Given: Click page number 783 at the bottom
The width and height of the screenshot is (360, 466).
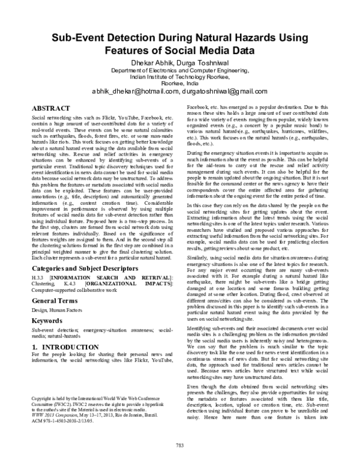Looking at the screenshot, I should pyautogui.click(x=179, y=445).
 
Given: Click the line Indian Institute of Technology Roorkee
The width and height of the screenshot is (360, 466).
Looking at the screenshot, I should pyautogui.click(x=179, y=77).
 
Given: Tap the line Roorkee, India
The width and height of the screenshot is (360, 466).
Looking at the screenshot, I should pyautogui.click(x=179, y=83).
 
